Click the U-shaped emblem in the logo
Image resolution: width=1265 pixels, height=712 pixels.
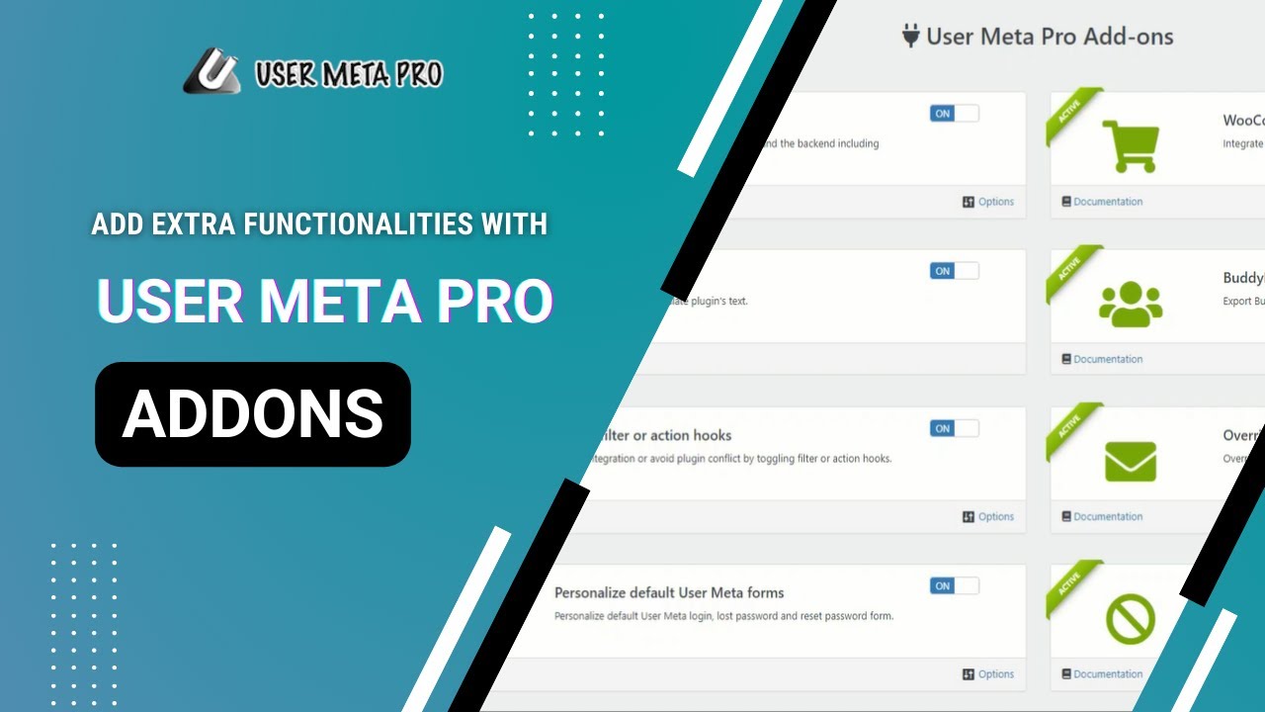(x=211, y=72)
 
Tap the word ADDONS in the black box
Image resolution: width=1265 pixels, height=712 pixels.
(x=253, y=414)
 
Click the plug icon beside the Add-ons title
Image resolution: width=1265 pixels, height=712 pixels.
(x=910, y=37)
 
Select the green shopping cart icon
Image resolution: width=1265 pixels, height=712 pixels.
(x=1130, y=145)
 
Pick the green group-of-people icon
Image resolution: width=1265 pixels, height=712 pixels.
(x=1131, y=304)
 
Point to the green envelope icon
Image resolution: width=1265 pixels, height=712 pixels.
(x=1131, y=461)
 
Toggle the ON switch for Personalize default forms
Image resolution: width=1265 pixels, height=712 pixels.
(x=954, y=585)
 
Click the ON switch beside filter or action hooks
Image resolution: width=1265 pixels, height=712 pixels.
(x=954, y=428)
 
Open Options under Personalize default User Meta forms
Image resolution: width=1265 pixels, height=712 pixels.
(x=988, y=674)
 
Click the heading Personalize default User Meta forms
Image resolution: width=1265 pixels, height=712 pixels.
(x=669, y=593)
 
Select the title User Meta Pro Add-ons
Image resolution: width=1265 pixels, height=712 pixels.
(x=1049, y=37)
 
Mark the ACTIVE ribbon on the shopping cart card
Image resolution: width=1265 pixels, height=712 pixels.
(x=1070, y=112)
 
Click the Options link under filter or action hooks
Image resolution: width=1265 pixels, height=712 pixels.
(x=988, y=516)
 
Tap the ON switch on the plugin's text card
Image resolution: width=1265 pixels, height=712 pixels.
(x=954, y=271)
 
